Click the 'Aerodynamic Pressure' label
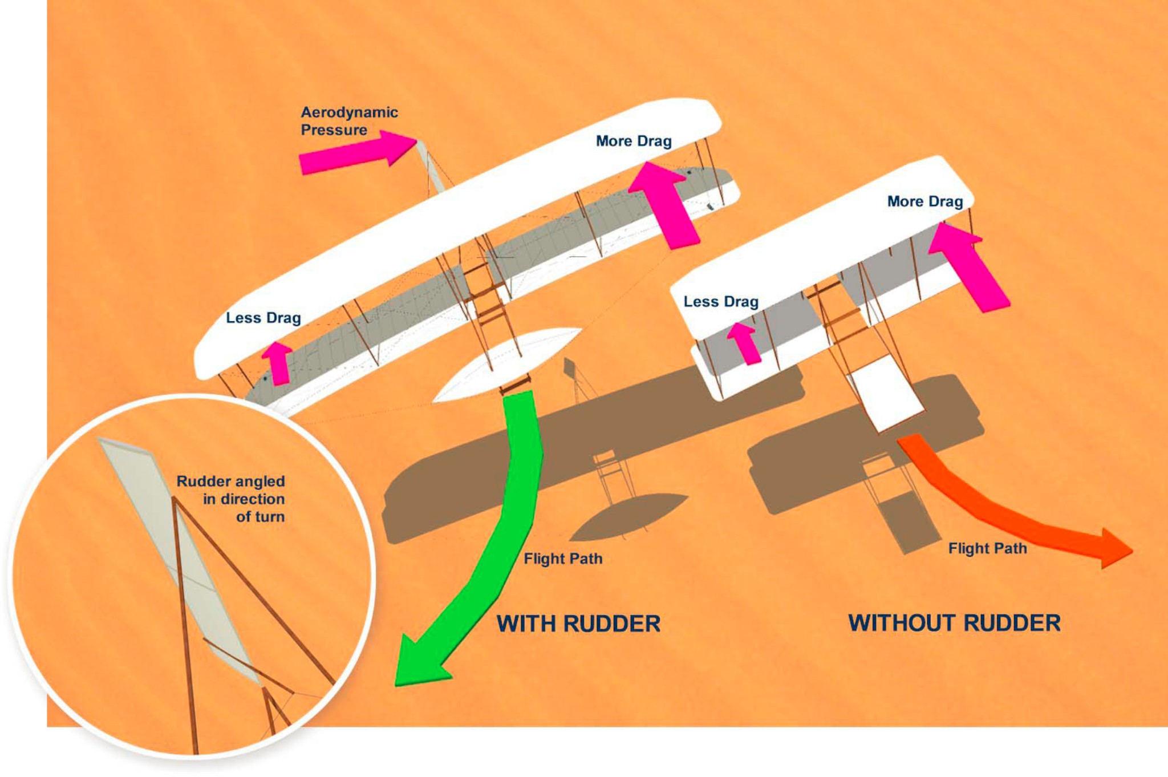pos(348,121)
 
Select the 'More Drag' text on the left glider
pos(634,141)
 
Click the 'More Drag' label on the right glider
pos(924,201)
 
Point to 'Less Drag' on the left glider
pos(263,318)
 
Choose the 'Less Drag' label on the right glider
pos(721,301)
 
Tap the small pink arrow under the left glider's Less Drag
pos(278,363)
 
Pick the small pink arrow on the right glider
pos(745,343)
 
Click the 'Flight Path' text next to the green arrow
pos(563,559)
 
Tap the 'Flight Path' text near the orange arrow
pos(987,548)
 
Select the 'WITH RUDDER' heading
pos(578,624)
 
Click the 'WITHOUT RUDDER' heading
pos(954,623)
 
